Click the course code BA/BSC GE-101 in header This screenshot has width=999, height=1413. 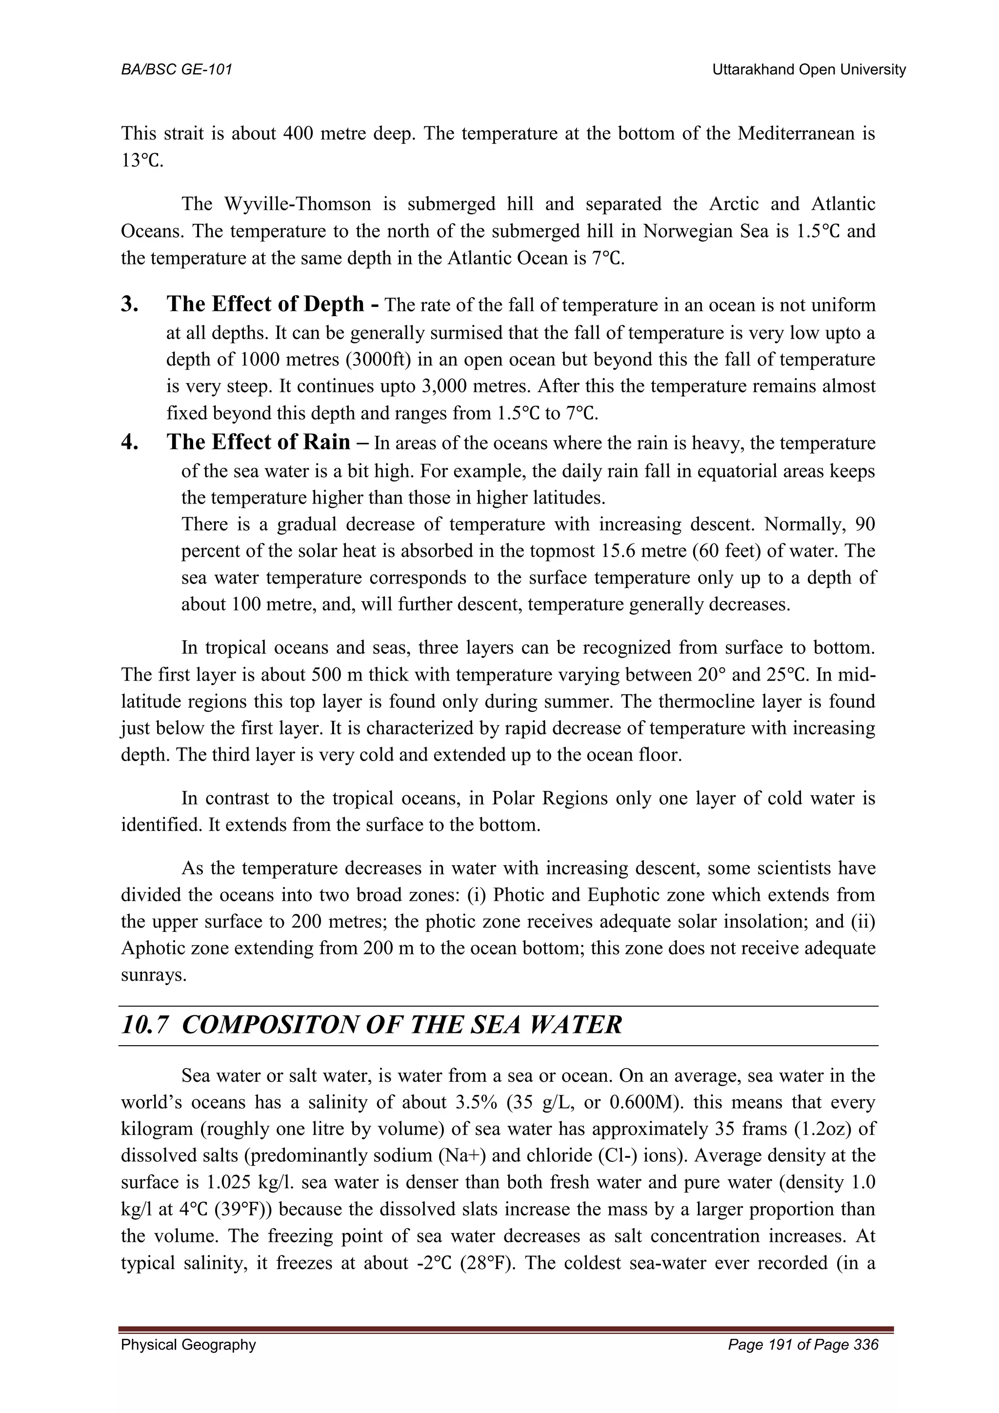(177, 70)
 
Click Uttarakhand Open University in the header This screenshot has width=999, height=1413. (808, 70)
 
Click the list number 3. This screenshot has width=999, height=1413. (129, 304)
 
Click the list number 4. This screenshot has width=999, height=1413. (129, 443)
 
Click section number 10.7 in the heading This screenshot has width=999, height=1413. (144, 1025)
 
